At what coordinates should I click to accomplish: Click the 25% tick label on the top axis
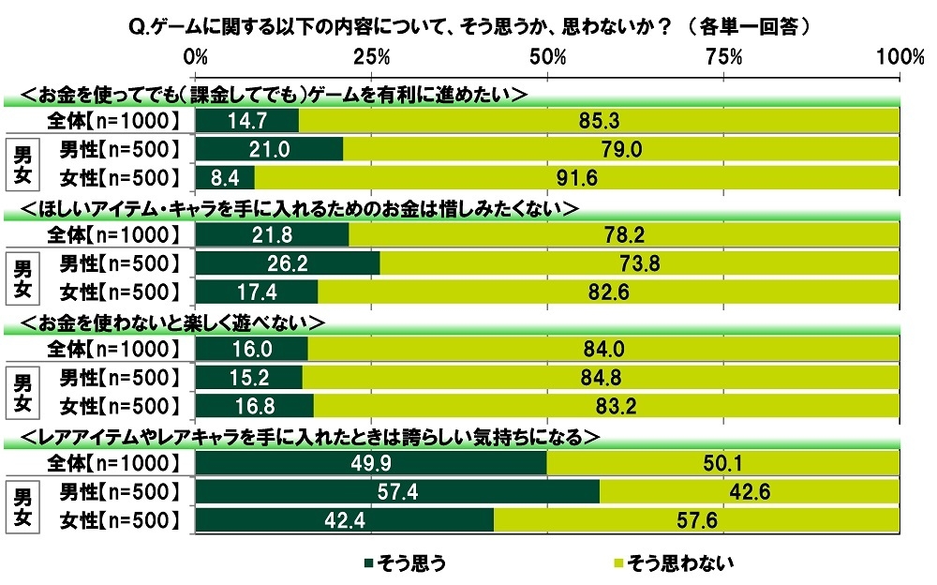(372, 56)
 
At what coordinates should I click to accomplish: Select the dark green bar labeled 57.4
(397, 492)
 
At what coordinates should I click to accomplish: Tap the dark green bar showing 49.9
(371, 464)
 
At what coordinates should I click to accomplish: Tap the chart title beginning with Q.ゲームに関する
(468, 26)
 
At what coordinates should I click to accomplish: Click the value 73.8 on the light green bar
(639, 264)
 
